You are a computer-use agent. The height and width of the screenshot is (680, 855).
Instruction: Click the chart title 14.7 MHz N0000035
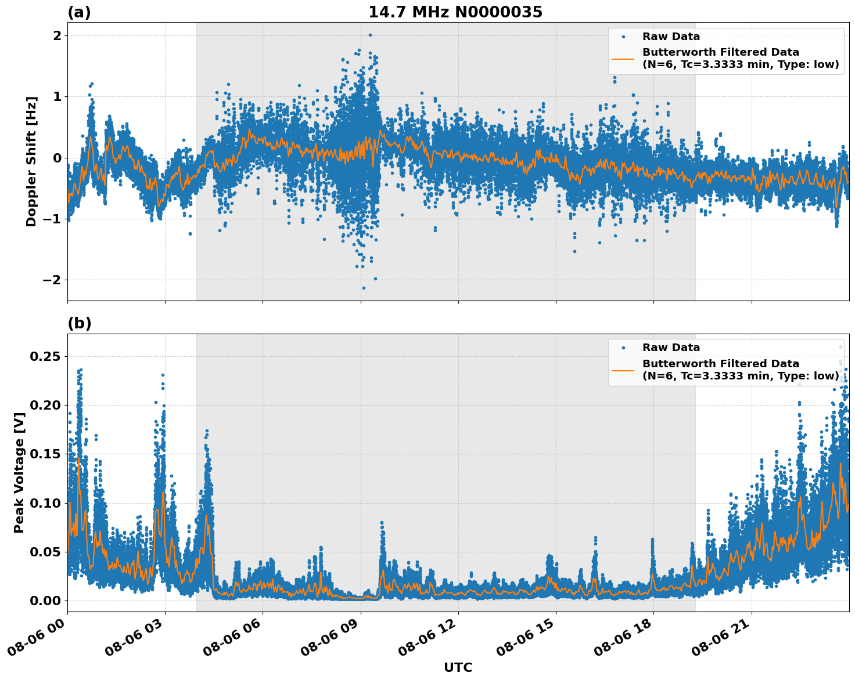coord(455,12)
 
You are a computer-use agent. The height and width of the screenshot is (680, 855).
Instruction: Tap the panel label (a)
coord(79,12)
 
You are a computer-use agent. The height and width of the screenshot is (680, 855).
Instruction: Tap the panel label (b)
coord(79,323)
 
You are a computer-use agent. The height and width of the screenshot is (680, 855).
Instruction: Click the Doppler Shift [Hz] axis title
coord(31,161)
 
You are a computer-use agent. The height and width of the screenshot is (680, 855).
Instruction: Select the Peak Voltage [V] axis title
coord(19,472)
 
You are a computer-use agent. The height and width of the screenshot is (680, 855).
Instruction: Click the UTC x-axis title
coord(458,667)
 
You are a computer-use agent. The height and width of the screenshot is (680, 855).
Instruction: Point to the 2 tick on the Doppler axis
coord(57,35)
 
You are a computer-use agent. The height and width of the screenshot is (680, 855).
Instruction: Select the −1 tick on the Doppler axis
coord(53,219)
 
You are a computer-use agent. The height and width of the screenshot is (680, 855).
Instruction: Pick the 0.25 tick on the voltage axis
coord(45,356)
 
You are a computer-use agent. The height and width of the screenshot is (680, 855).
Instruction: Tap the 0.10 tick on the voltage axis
coord(45,503)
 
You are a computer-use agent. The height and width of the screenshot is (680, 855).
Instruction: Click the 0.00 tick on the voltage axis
coord(45,601)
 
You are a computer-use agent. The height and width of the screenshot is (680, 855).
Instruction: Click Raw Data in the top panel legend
coord(671,37)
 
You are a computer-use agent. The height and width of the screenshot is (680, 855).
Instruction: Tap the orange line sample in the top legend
coord(623,58)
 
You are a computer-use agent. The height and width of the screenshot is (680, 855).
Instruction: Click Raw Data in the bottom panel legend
coord(671,348)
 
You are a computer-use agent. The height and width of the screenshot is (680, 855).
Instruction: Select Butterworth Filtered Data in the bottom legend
coord(720,364)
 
